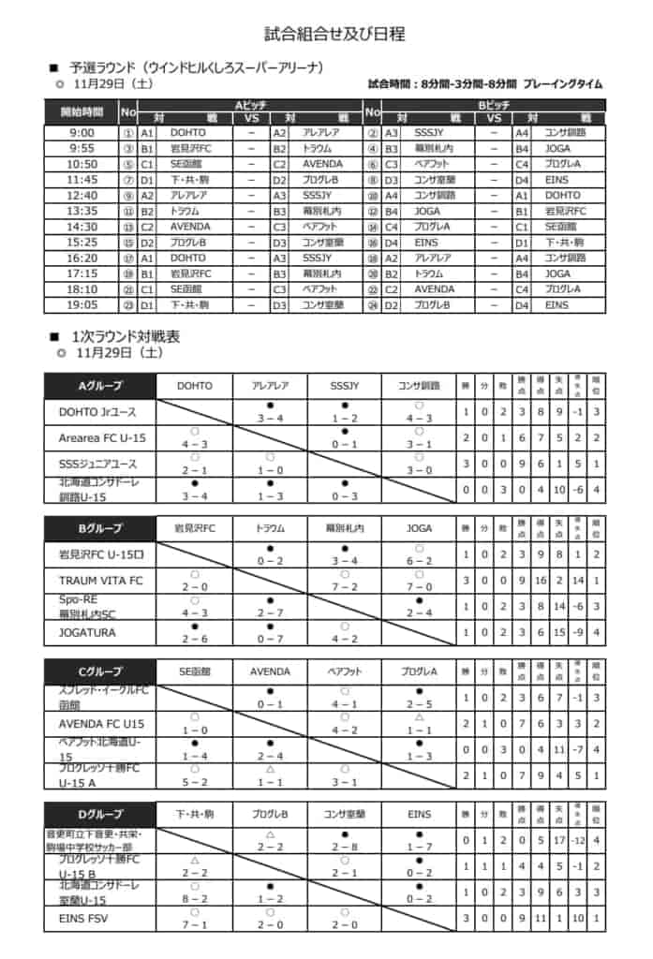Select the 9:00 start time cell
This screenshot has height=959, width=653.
[82, 133]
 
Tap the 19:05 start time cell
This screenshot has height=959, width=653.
[82, 305]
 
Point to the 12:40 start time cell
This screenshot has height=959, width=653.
[82, 196]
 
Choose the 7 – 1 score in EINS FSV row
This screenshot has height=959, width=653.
[195, 924]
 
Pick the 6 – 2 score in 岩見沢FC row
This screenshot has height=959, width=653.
[419, 560]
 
